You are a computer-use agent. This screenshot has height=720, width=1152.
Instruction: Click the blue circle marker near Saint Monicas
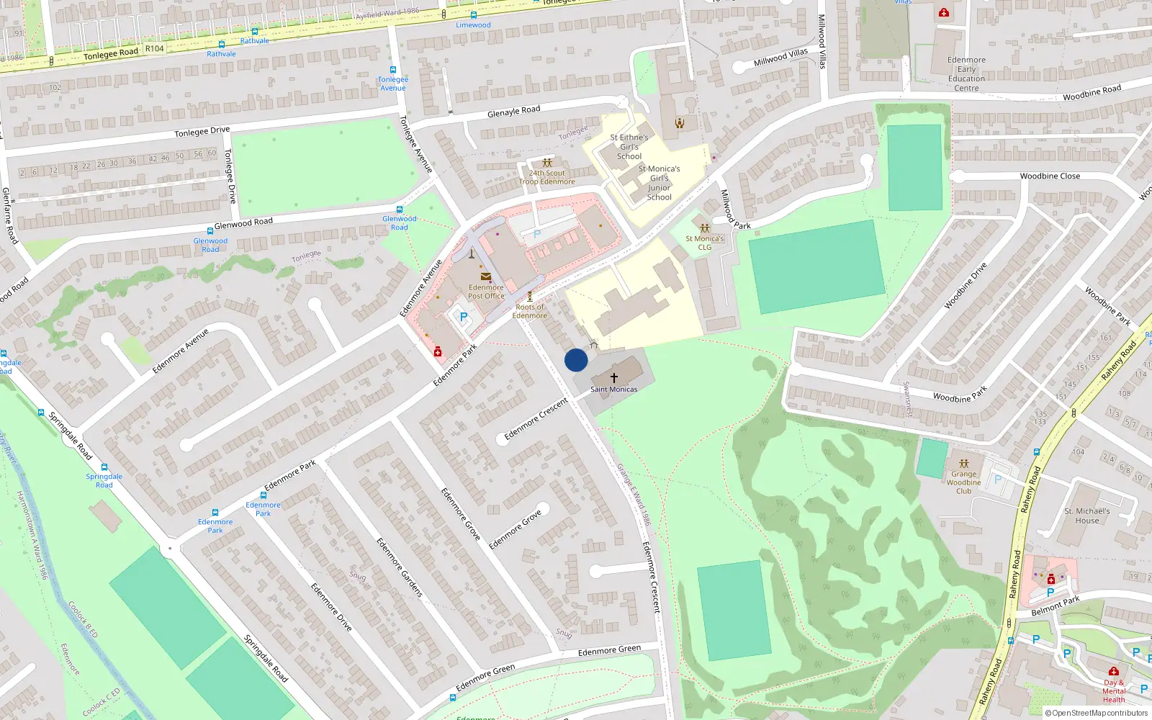click(576, 360)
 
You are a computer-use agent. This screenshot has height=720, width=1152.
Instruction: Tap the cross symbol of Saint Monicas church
click(614, 377)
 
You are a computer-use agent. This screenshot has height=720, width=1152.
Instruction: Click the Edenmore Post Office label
click(486, 292)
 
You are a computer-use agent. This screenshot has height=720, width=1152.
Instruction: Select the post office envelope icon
click(486, 276)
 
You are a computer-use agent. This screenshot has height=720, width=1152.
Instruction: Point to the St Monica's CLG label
click(705, 243)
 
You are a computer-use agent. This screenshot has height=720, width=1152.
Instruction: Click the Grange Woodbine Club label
click(963, 482)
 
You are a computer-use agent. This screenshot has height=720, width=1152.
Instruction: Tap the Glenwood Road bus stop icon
click(400, 210)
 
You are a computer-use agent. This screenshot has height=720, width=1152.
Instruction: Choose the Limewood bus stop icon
click(473, 15)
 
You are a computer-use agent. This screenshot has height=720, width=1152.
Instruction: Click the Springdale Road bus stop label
click(104, 480)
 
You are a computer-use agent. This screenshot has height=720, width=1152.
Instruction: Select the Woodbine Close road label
click(1050, 176)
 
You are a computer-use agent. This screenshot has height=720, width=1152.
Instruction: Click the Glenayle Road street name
click(513, 112)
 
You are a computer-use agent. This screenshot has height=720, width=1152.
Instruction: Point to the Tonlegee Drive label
click(202, 132)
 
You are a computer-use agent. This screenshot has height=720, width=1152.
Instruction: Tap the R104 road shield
click(154, 49)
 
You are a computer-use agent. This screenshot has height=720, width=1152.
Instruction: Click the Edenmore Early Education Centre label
click(966, 74)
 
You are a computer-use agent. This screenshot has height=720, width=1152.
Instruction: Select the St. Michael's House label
click(1087, 516)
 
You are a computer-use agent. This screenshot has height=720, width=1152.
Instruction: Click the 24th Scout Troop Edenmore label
click(547, 177)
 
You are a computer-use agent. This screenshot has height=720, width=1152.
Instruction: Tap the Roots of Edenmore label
click(530, 311)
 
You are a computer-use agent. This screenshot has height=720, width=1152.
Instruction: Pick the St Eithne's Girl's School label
click(629, 146)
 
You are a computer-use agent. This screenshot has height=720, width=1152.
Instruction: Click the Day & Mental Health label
click(1113, 691)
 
